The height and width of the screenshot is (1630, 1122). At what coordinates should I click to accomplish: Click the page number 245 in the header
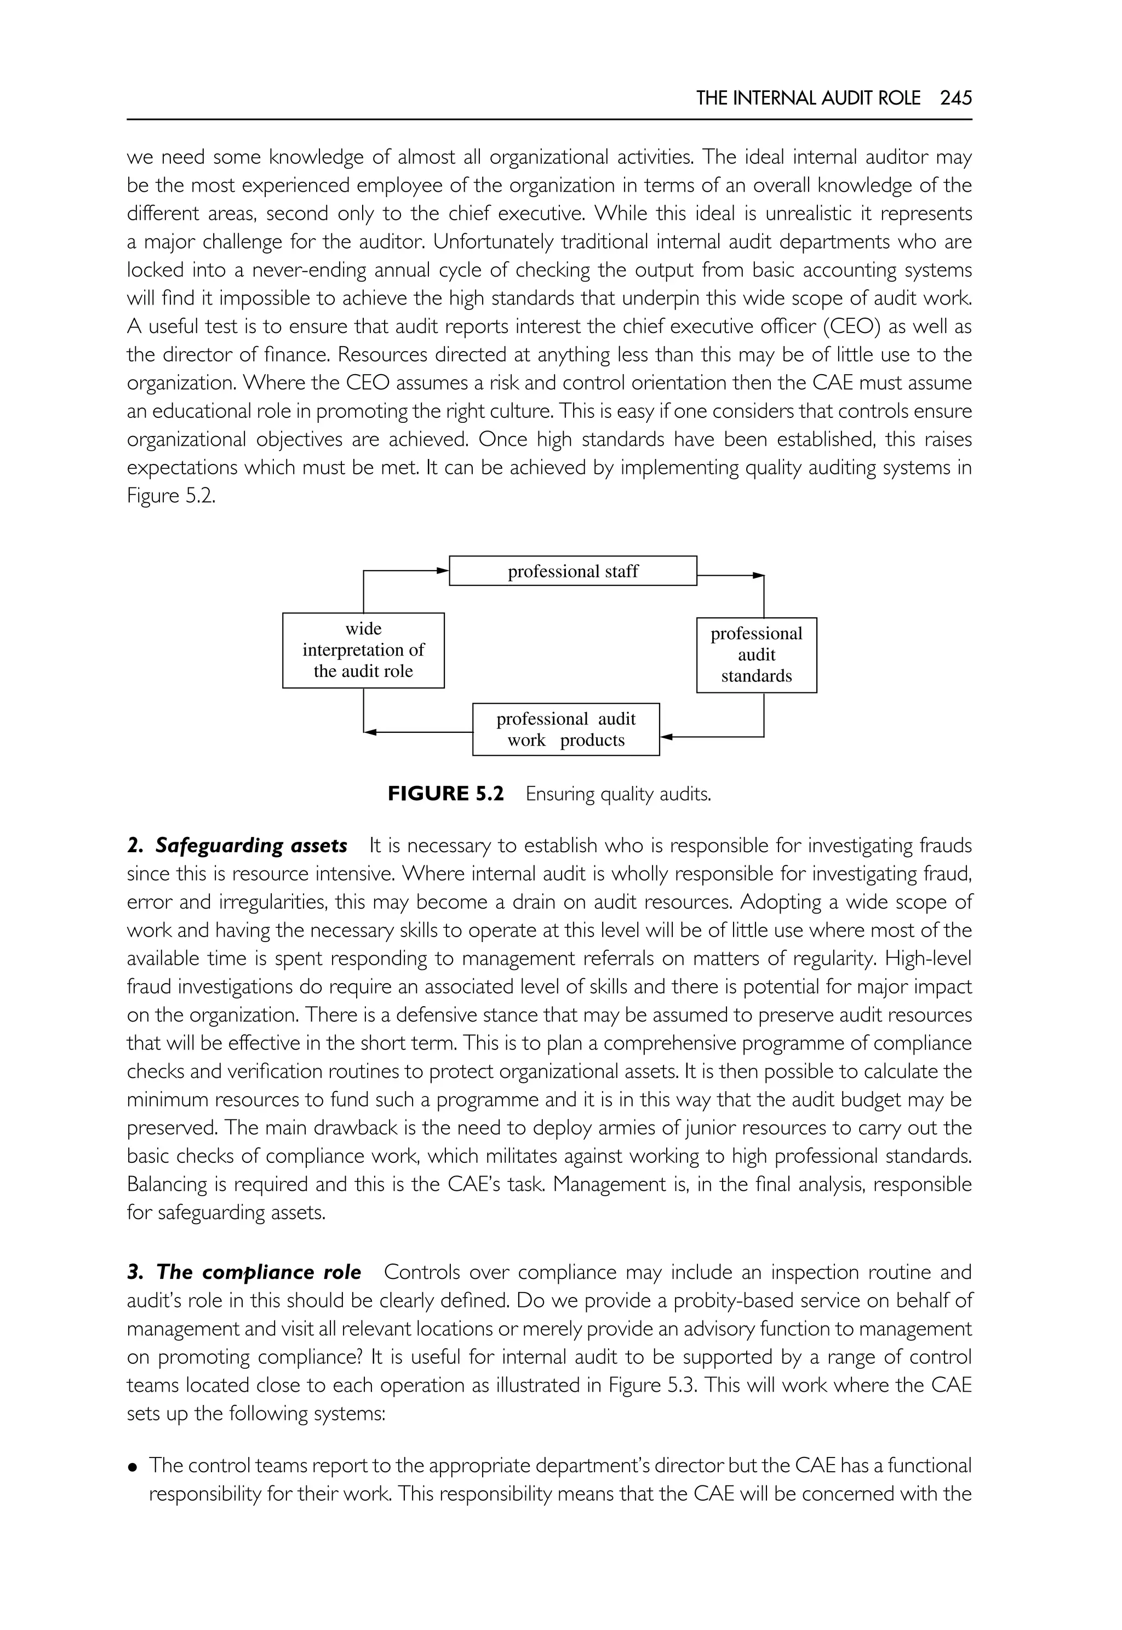tap(955, 99)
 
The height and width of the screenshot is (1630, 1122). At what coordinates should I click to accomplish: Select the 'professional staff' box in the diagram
tap(573, 571)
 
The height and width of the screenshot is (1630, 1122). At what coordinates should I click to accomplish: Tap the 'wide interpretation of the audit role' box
tap(363, 650)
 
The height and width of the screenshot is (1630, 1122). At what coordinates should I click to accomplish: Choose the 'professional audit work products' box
tap(565, 730)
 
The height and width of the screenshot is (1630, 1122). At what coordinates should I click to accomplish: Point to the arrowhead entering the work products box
tap(666, 737)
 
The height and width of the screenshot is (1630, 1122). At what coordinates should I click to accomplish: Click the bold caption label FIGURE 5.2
tap(446, 794)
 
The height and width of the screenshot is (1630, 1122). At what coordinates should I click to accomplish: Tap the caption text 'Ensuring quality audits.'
tap(619, 795)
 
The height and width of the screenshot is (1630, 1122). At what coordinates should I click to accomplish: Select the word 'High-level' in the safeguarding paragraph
tap(928, 959)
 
